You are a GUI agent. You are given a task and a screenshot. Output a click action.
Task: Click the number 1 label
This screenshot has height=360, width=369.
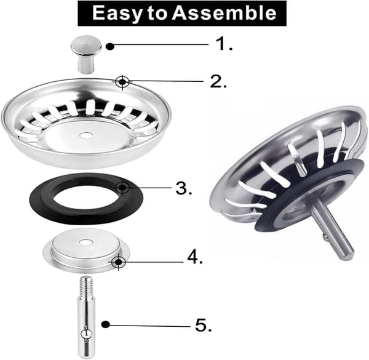[224, 44]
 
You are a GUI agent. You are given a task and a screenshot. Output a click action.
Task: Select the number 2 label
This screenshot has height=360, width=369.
[218, 81]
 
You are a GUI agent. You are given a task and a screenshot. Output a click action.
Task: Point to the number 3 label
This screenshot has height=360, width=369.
[184, 188]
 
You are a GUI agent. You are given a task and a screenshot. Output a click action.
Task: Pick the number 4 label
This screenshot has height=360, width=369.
[195, 257]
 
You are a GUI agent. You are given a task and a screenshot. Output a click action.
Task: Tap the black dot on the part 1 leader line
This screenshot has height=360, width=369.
[110, 46]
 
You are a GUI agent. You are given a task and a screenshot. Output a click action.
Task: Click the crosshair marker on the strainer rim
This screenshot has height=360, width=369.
[122, 82]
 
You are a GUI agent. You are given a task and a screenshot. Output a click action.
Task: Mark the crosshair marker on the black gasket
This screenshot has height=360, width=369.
[122, 188]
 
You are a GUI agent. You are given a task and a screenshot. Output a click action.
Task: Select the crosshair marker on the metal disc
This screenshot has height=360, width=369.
[118, 262]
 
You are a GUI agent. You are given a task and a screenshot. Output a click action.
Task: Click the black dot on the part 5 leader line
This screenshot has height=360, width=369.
[105, 324]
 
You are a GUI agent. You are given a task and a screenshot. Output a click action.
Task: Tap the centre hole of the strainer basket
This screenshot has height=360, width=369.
[85, 135]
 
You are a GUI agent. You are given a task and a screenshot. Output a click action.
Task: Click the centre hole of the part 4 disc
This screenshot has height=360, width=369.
[85, 242]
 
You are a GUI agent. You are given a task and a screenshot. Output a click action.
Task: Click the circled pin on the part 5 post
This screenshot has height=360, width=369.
[86, 334]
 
